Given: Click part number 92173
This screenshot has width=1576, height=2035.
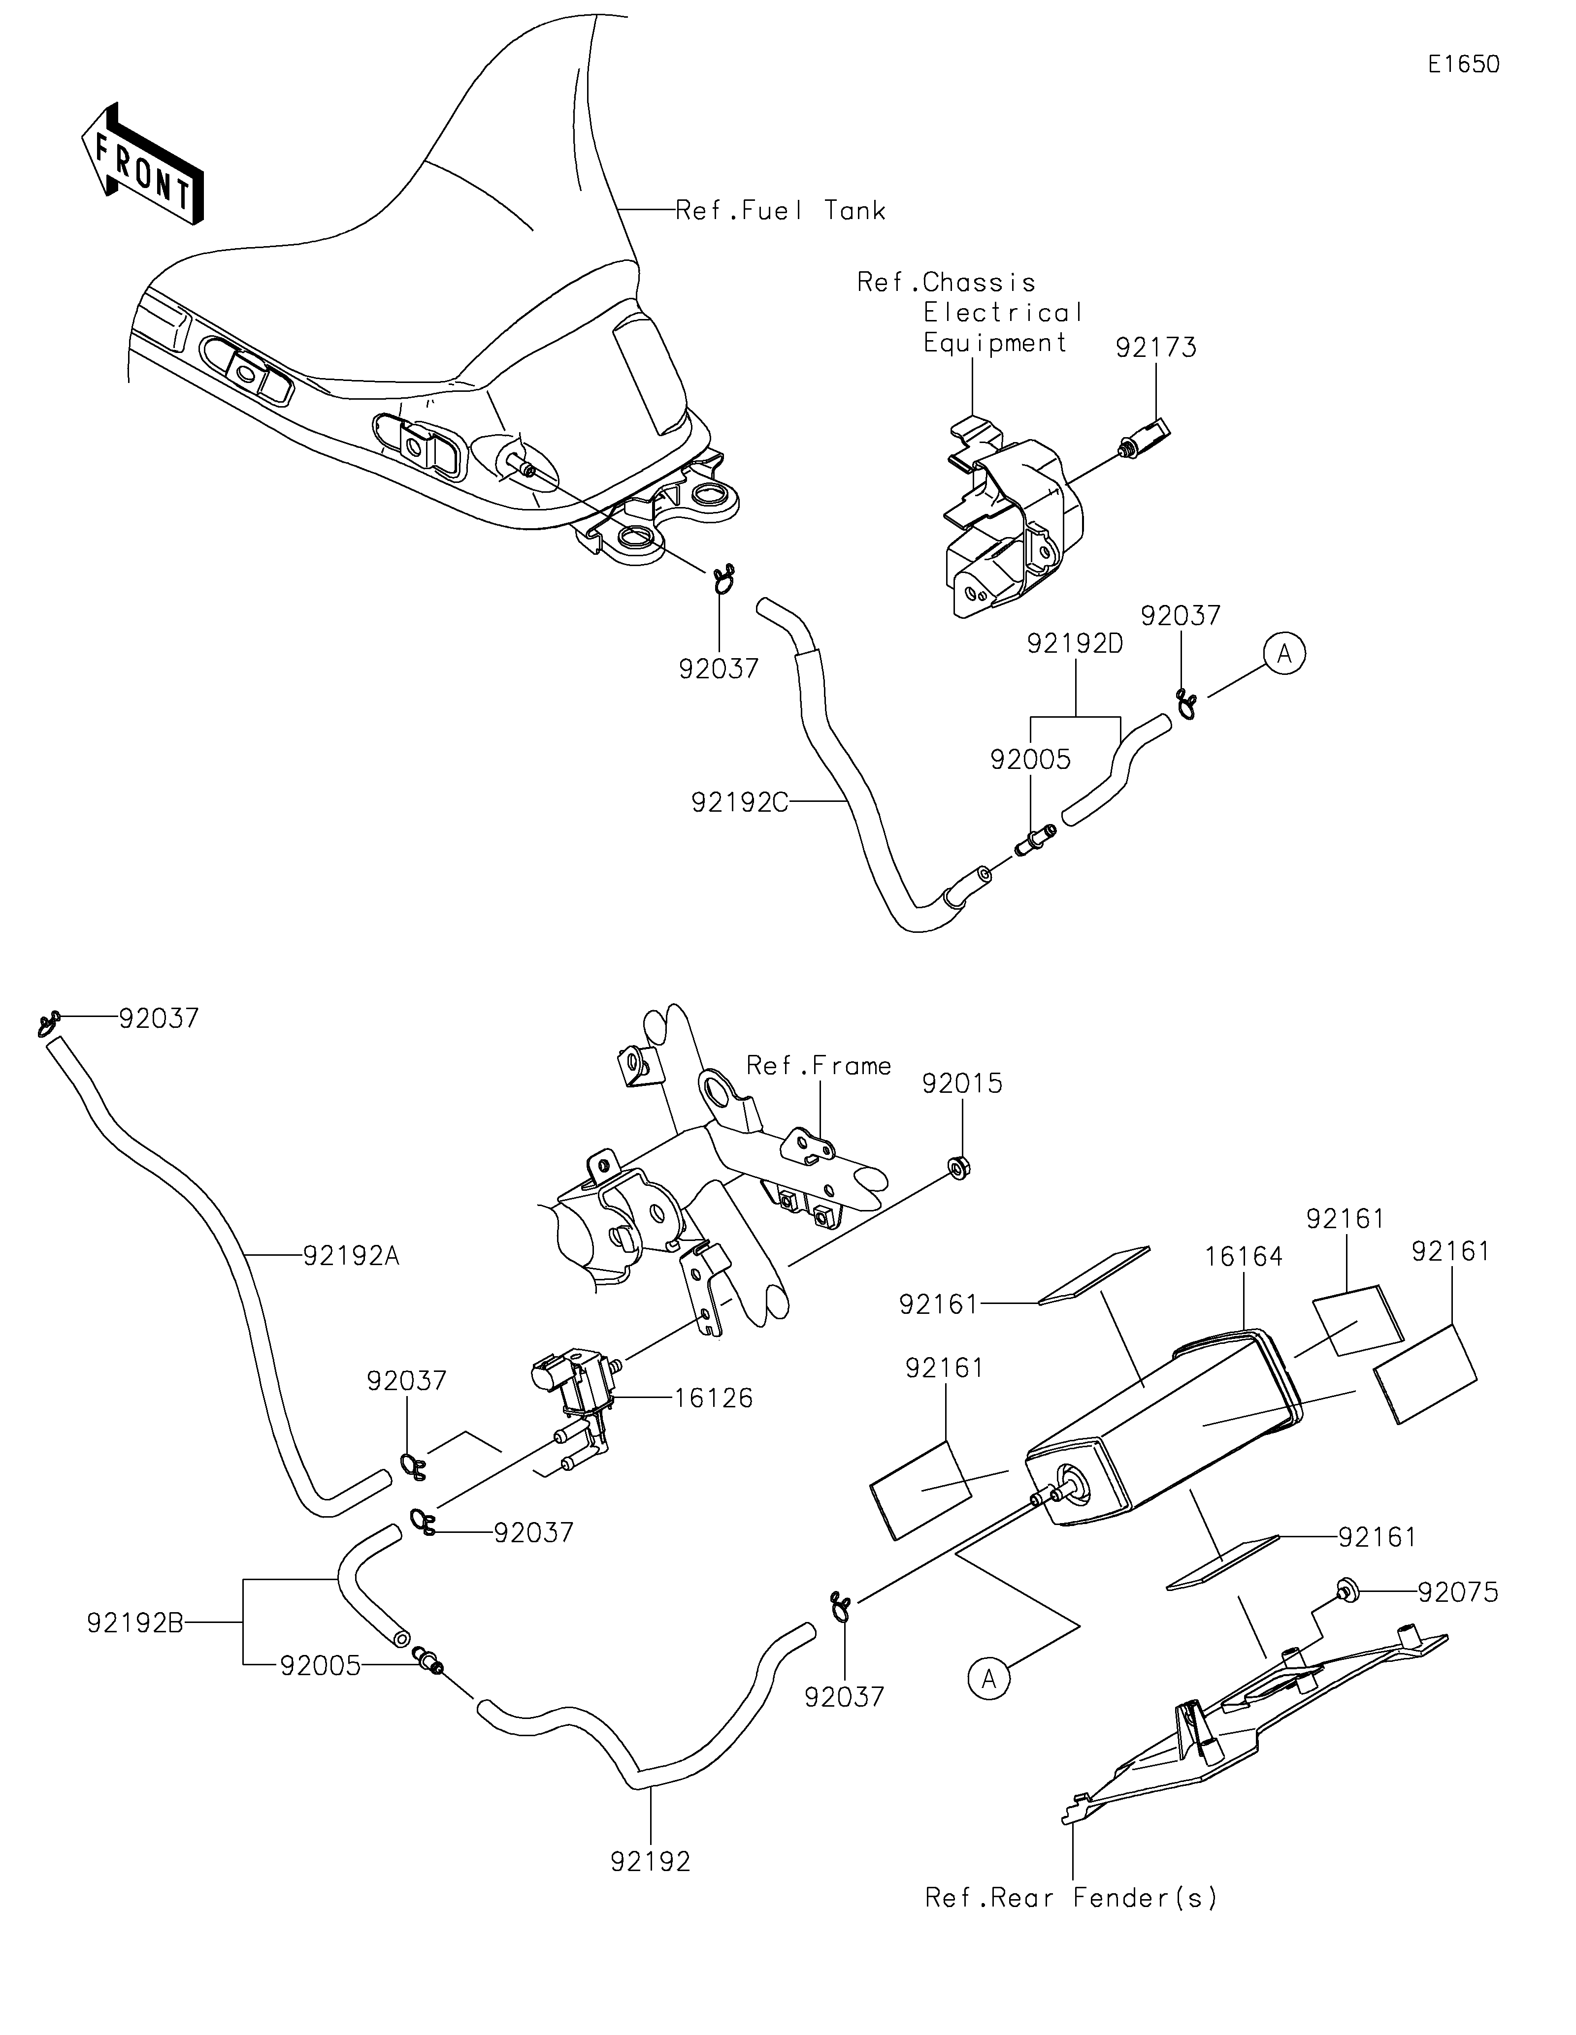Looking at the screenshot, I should click(1156, 348).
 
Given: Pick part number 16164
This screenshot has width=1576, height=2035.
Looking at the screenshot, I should click(1243, 1256).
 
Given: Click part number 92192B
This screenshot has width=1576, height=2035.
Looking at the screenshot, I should click(135, 1623).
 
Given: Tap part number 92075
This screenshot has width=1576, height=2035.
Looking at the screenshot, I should click(1459, 1592).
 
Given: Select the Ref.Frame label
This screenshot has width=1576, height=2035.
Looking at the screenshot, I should click(819, 1065).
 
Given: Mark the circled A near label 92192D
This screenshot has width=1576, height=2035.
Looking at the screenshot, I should click(1284, 655).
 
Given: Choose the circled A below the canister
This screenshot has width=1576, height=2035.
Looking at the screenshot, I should click(989, 1678).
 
